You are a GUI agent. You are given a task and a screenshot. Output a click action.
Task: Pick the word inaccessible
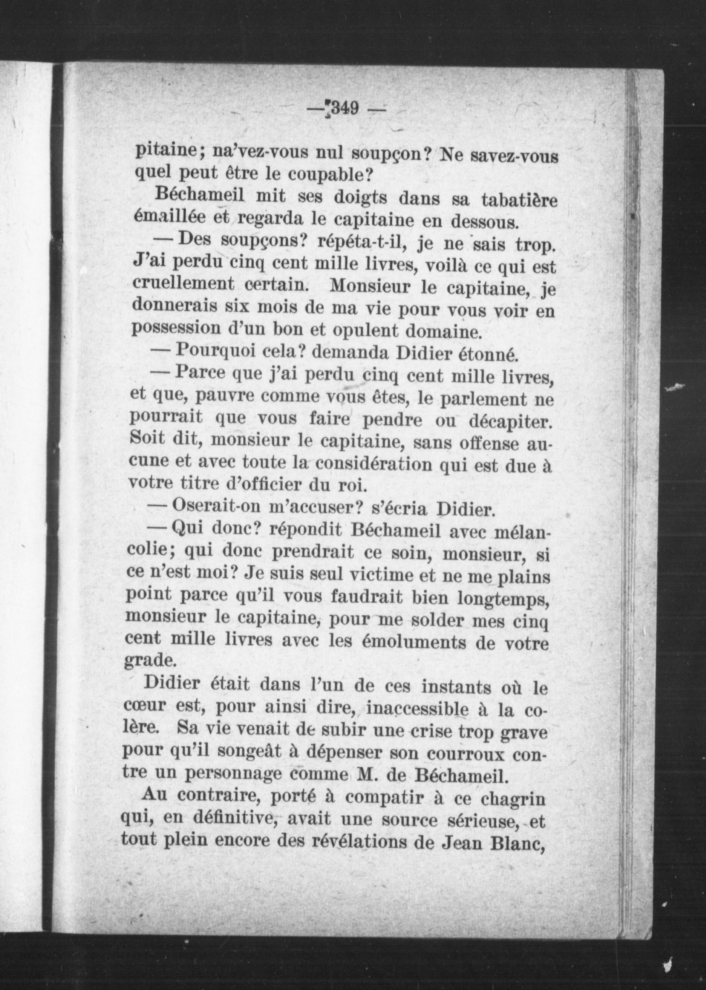click(x=417, y=709)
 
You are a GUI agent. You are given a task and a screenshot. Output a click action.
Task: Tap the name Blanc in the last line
click(x=517, y=844)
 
